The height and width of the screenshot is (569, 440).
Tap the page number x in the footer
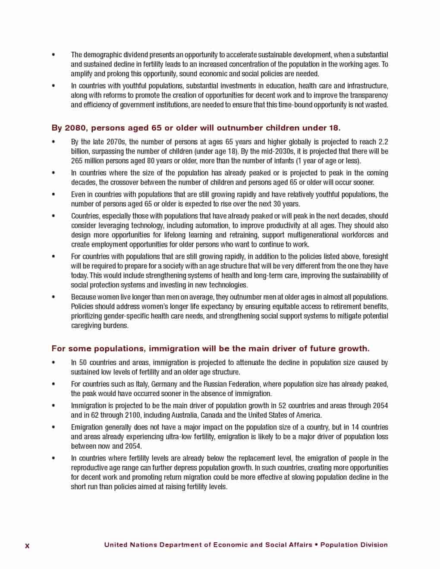click(27, 546)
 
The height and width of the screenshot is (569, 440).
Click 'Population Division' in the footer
click(354, 544)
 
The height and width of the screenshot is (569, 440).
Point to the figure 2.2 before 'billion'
click(383, 142)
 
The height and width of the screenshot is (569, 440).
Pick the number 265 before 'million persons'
click(77, 161)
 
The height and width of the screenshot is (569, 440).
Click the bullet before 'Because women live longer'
click(53, 297)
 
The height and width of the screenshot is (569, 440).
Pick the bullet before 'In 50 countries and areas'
click(53, 363)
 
